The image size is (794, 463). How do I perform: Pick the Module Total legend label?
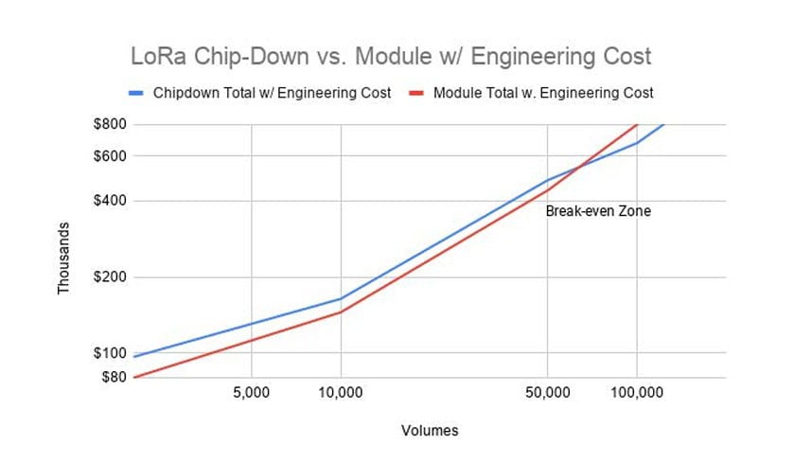pyautogui.click(x=542, y=93)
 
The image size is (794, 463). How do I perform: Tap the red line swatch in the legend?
pyautogui.click(x=416, y=93)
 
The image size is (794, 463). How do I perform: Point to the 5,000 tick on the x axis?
pyautogui.click(x=252, y=391)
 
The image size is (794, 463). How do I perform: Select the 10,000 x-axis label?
pyautogui.click(x=341, y=391)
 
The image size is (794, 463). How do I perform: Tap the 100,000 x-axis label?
pyautogui.click(x=636, y=391)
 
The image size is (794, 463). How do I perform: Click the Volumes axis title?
pyautogui.click(x=430, y=431)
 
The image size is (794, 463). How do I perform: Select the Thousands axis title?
pyautogui.click(x=64, y=258)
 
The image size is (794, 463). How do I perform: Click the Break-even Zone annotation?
pyautogui.click(x=598, y=211)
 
